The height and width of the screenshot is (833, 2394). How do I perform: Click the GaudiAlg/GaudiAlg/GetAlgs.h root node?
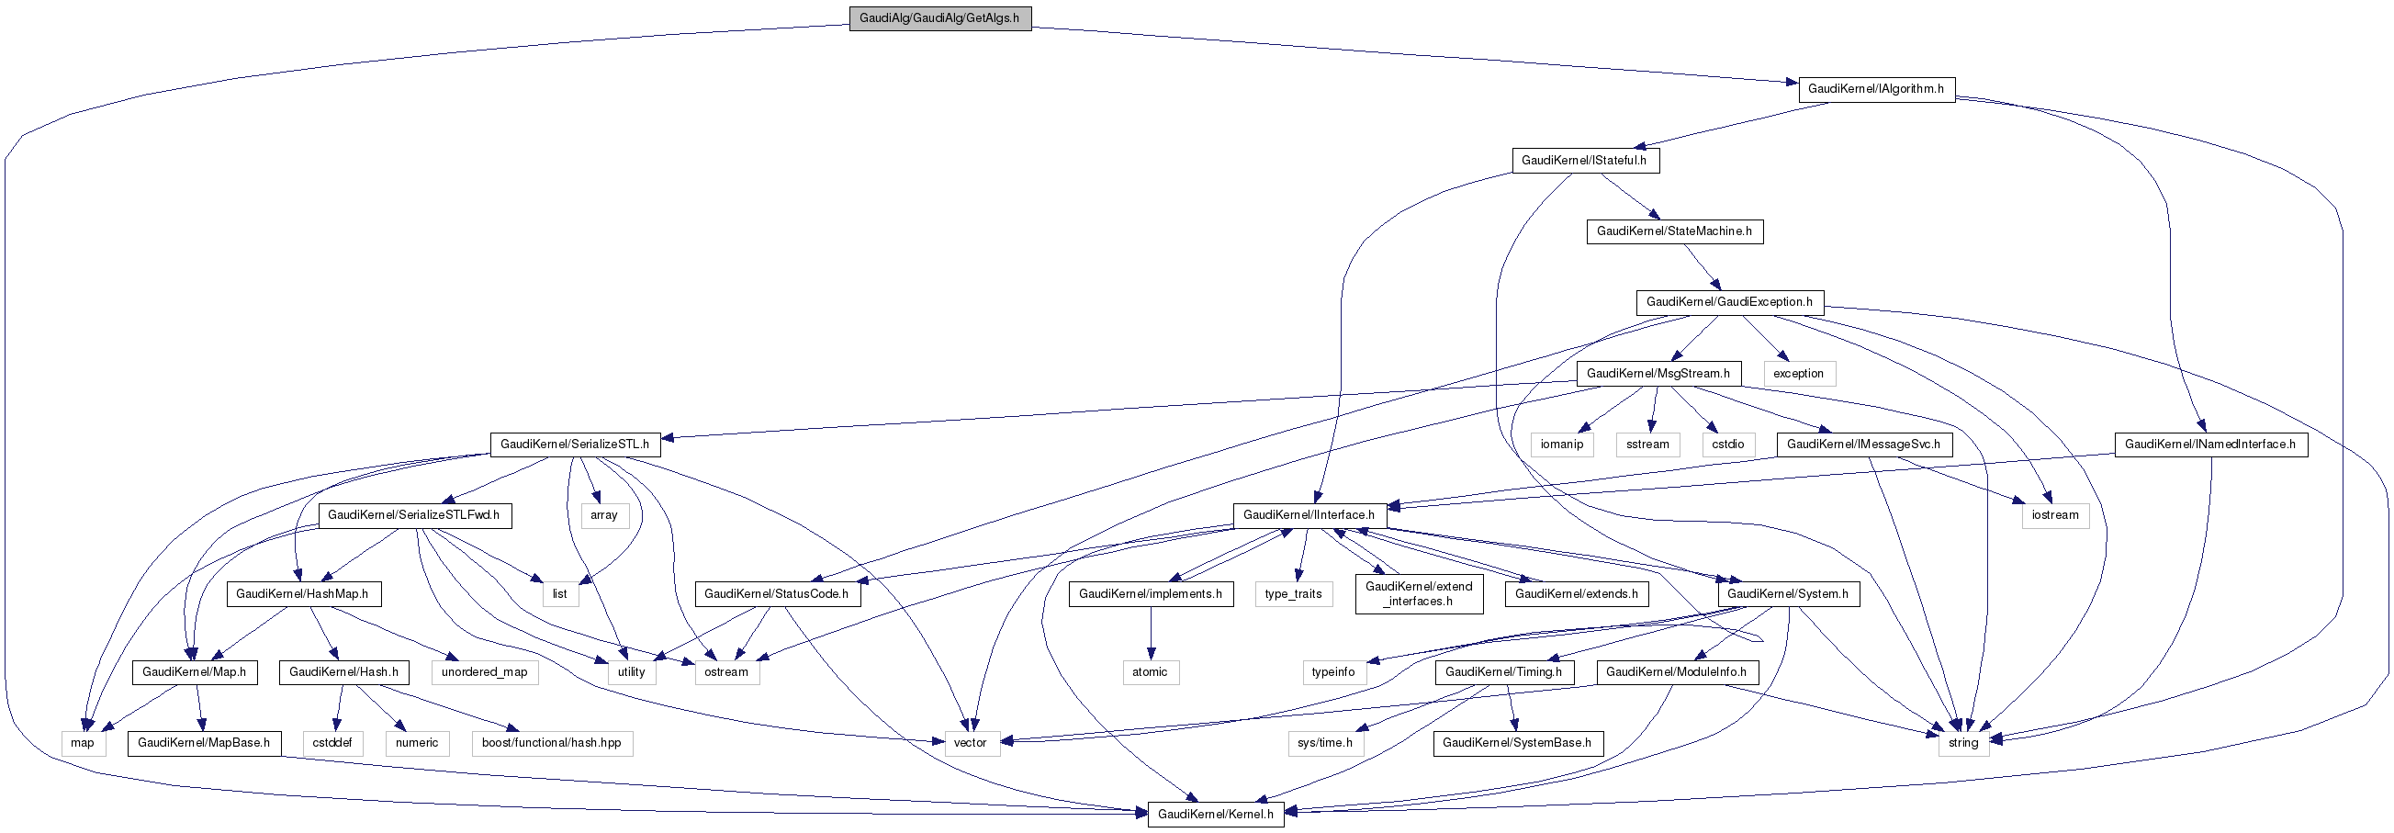coord(939,17)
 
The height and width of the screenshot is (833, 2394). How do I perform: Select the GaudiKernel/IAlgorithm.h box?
coord(1875,89)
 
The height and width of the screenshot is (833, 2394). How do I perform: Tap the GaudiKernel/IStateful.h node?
coord(1584,160)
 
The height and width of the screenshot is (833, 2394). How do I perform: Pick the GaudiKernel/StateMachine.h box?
coord(1674,231)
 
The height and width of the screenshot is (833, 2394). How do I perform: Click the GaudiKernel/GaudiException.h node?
coord(1728,302)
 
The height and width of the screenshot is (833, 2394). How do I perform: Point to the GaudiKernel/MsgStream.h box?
coord(1658,374)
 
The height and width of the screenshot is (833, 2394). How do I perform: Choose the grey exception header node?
coord(1798,374)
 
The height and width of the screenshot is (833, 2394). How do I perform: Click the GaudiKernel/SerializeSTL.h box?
coord(574,445)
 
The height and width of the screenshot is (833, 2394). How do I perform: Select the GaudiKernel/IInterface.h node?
coord(1309,515)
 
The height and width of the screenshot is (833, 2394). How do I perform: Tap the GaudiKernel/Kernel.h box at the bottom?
coord(1215,815)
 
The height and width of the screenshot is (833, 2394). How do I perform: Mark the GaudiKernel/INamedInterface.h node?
coord(2210,445)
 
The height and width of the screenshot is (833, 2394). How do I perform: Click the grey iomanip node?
coord(1561,445)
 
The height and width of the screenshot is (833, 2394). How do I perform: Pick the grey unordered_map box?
coord(484,672)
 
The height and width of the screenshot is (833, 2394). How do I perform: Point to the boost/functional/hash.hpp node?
coord(551,743)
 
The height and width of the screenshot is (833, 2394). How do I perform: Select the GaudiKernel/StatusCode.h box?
coord(776,594)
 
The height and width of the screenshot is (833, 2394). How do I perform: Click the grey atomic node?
coord(1150,672)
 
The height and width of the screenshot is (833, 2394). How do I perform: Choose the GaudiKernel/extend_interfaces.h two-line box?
coord(1418,594)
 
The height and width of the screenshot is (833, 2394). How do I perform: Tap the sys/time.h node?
coord(1324,743)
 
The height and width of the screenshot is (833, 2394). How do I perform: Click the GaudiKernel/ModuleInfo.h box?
coord(1676,672)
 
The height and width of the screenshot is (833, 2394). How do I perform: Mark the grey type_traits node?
coord(1293,594)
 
